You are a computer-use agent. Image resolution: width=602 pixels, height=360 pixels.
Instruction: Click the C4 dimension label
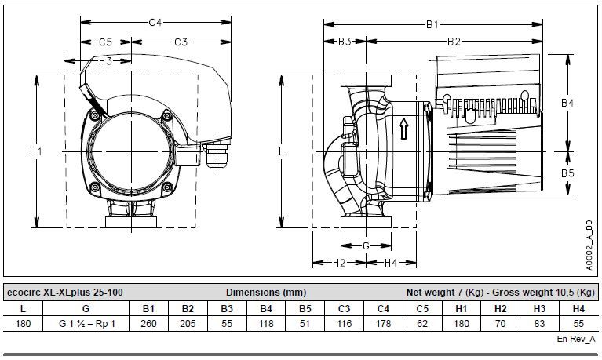(155, 22)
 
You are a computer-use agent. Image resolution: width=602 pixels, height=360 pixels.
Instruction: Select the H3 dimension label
(105, 61)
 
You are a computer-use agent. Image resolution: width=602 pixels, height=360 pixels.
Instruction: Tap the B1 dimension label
(432, 24)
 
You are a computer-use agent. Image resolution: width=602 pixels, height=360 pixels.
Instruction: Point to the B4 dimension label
(567, 103)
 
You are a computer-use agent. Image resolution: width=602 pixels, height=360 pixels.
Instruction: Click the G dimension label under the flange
(366, 246)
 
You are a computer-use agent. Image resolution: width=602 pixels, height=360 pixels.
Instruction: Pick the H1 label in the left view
(36, 151)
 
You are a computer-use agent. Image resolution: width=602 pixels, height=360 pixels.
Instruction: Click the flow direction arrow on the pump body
(403, 129)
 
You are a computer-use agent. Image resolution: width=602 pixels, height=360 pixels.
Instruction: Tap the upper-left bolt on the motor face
(94, 115)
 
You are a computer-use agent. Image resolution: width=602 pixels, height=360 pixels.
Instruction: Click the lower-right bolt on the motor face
(167, 187)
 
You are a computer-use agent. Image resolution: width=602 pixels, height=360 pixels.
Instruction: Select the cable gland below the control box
(217, 158)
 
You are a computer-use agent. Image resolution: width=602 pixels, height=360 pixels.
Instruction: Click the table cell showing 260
(148, 324)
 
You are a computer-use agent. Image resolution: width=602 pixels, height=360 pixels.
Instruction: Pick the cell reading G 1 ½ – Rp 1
(87, 324)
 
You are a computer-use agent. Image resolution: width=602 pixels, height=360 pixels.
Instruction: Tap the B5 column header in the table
(305, 308)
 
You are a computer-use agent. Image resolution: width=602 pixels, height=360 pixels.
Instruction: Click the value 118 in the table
(266, 324)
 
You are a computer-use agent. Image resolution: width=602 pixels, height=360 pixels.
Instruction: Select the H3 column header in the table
(539, 308)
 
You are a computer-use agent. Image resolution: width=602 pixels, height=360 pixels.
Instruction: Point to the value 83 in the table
(539, 324)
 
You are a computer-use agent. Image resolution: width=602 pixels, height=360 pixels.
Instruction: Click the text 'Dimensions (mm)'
(266, 293)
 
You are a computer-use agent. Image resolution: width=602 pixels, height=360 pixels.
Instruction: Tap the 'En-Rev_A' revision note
(576, 340)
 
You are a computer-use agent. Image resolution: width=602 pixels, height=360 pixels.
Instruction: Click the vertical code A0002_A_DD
(589, 245)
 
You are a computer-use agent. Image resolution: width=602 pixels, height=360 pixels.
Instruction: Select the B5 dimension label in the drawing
(567, 173)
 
